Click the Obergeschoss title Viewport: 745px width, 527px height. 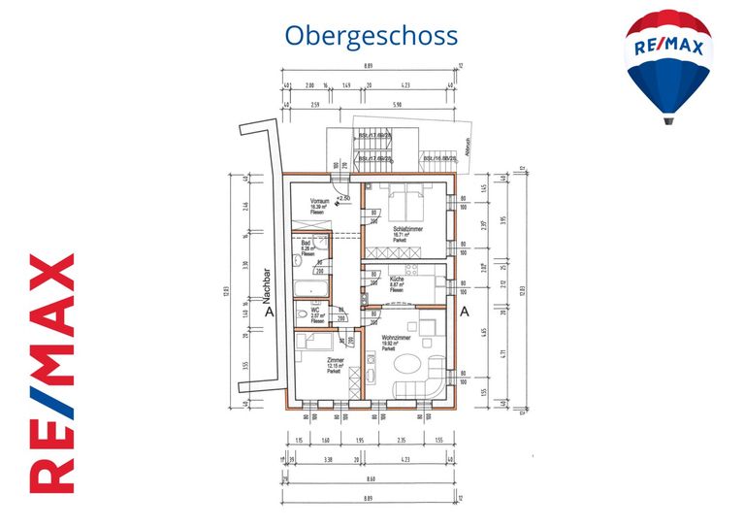tap(371, 35)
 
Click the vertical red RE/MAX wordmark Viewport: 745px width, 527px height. tap(51, 373)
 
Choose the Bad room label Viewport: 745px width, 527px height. tap(306, 246)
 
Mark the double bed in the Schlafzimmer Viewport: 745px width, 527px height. tap(406, 203)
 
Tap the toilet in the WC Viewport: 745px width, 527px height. tap(302, 314)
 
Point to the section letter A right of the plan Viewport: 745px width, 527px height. tap(465, 313)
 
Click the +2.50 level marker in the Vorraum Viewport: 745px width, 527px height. tap(344, 197)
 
